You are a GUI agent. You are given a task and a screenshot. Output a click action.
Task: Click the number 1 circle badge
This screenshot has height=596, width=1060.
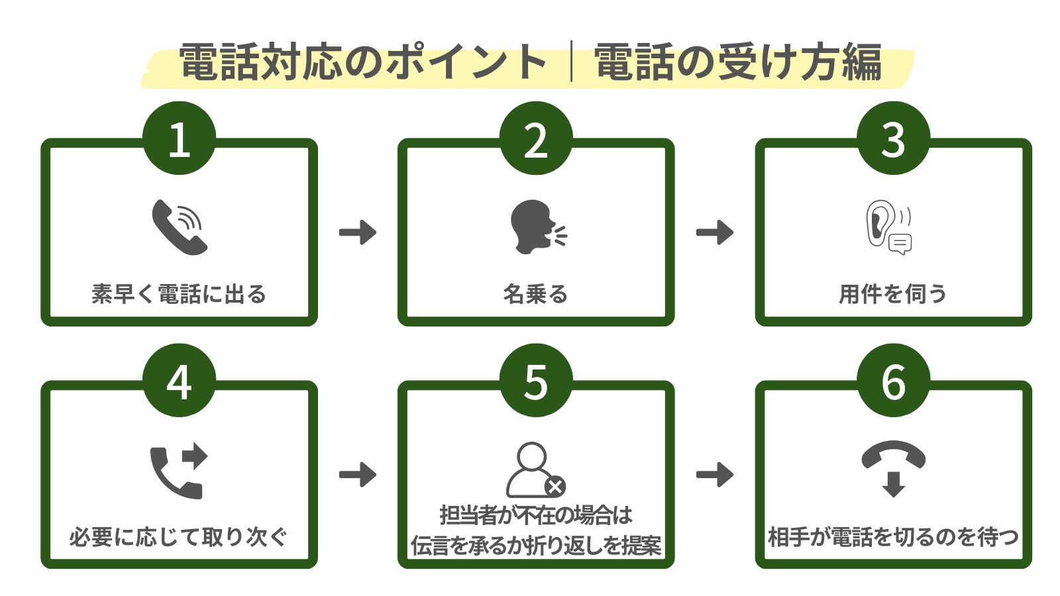(179, 138)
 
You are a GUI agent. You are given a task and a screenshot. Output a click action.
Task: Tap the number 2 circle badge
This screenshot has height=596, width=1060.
(536, 138)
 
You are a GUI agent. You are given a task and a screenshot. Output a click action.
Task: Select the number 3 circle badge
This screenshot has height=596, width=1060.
(893, 138)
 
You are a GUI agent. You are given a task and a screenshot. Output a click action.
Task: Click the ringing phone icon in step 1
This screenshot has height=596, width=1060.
(179, 227)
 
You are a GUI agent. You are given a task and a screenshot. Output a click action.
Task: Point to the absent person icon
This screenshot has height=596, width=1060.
(535, 470)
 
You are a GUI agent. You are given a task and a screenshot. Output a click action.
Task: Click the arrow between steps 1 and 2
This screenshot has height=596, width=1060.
(358, 232)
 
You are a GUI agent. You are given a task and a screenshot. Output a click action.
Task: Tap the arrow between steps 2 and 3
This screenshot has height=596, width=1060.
(715, 232)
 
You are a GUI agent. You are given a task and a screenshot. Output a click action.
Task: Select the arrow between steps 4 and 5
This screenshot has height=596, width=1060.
(358, 475)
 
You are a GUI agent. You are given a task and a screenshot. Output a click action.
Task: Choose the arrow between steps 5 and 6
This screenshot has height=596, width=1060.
(715, 475)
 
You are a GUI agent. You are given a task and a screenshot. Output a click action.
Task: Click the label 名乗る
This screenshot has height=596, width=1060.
(535, 293)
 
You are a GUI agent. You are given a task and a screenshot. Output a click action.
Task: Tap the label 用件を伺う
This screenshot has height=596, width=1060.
(892, 293)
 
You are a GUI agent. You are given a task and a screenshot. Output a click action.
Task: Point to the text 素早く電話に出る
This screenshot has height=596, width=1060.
(179, 293)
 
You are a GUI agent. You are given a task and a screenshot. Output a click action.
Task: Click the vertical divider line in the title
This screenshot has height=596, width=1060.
(571, 62)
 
